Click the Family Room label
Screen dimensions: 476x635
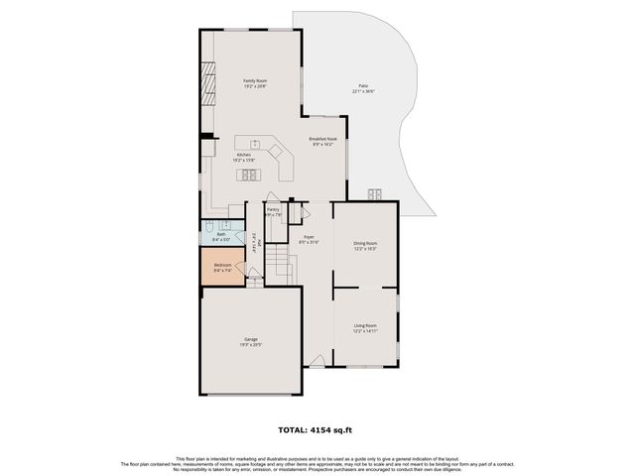click(x=256, y=80)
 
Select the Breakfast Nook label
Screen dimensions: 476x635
click(x=323, y=139)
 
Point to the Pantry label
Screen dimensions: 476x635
click(x=273, y=209)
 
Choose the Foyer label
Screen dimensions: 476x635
click(x=309, y=238)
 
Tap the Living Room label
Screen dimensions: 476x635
click(x=365, y=325)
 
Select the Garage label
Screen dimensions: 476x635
click(x=251, y=339)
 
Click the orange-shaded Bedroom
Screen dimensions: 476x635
click(x=223, y=268)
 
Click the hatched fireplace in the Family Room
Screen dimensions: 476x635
click(x=207, y=84)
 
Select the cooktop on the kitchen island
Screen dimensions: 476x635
click(x=250, y=175)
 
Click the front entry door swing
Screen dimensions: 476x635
click(x=317, y=361)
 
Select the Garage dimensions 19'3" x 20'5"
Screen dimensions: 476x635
click(x=251, y=345)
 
